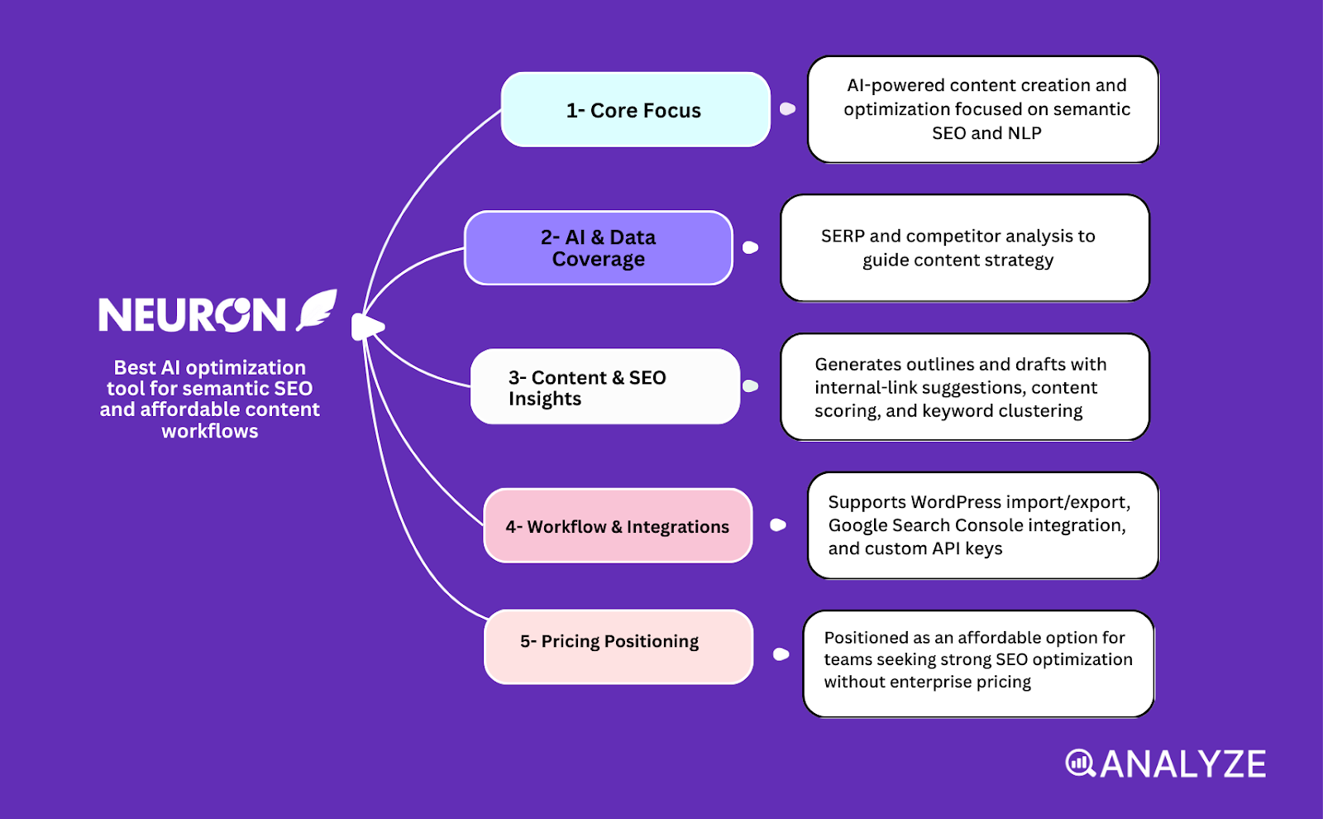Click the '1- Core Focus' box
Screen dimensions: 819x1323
click(635, 110)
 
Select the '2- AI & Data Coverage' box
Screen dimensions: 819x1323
click(598, 248)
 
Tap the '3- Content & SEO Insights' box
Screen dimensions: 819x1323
click(604, 387)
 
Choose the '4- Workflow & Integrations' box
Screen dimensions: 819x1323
click(617, 526)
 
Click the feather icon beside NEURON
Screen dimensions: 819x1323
click(318, 310)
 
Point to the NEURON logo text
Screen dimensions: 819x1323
click(192, 315)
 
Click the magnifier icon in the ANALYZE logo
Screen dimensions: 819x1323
click(1079, 764)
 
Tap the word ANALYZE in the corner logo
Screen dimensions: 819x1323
click(1182, 764)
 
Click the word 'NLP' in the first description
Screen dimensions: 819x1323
click(1024, 133)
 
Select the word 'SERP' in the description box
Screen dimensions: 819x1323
click(842, 237)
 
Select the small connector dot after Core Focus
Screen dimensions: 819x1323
click(787, 109)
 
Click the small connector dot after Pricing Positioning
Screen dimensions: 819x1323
click(781, 654)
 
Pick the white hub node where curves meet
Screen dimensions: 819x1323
click(366, 327)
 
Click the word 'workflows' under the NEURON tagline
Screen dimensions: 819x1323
click(210, 432)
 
